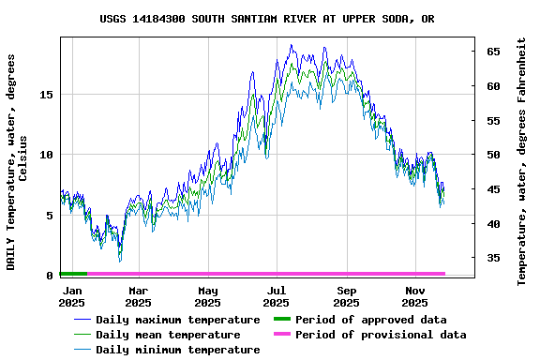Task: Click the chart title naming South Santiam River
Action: (x=267, y=19)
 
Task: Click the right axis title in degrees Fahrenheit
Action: (x=522, y=161)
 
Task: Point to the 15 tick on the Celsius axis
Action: (x=47, y=95)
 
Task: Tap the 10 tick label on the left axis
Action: (x=47, y=155)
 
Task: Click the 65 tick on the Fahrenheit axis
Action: (x=492, y=52)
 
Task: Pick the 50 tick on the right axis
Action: (x=492, y=155)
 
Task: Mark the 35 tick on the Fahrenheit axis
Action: (x=492, y=258)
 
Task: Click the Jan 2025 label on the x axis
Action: (x=72, y=296)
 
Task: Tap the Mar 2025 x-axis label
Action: (x=138, y=296)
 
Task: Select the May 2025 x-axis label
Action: (x=208, y=296)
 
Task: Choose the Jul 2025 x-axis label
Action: (x=277, y=296)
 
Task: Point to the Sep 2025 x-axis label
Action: (x=346, y=296)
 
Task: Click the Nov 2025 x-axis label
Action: (x=415, y=296)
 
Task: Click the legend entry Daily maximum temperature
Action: (x=177, y=320)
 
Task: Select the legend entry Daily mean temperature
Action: (x=167, y=335)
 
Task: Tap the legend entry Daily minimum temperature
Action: (x=177, y=350)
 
